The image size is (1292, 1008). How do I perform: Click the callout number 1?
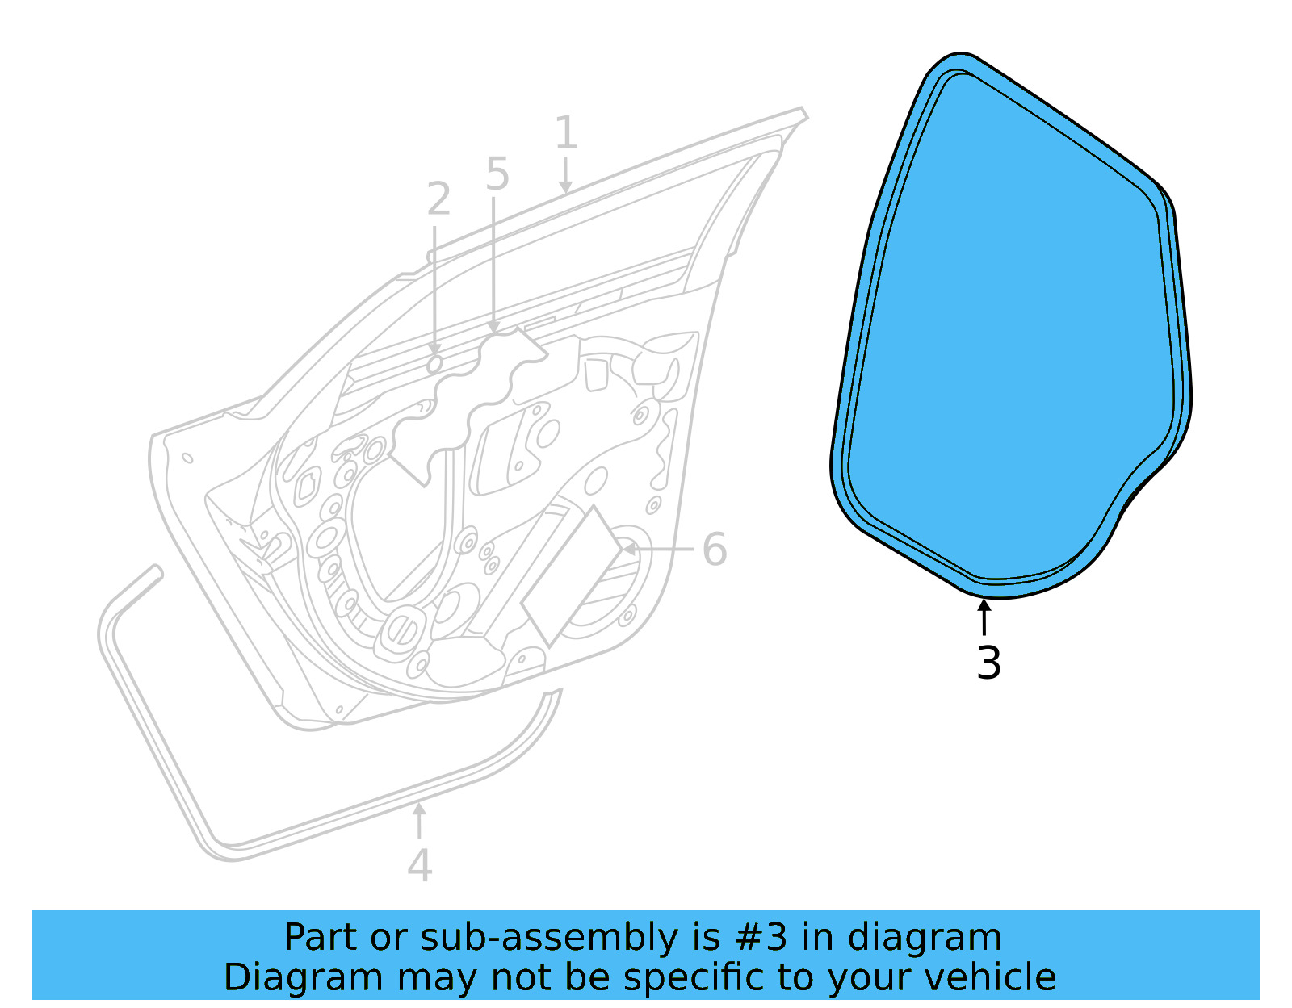(x=565, y=132)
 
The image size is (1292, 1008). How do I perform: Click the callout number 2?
(x=438, y=199)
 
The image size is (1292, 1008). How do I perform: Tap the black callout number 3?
(x=988, y=663)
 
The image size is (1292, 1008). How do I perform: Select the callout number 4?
(x=419, y=865)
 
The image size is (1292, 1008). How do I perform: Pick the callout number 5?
(x=497, y=174)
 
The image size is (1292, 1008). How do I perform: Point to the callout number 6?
(x=715, y=549)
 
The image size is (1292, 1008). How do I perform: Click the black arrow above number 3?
(x=984, y=617)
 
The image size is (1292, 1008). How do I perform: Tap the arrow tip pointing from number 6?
(x=621, y=549)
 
